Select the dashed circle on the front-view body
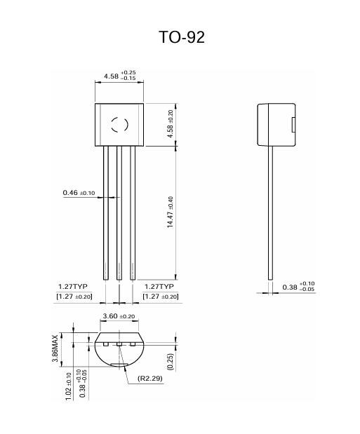point(119,126)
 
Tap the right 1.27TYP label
point(159,286)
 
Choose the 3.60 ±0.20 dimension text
point(119,316)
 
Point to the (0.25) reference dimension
point(171,361)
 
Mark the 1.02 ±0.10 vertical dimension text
point(69,385)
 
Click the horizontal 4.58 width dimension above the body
point(119,75)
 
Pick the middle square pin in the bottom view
point(119,344)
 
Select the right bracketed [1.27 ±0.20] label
point(160,297)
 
